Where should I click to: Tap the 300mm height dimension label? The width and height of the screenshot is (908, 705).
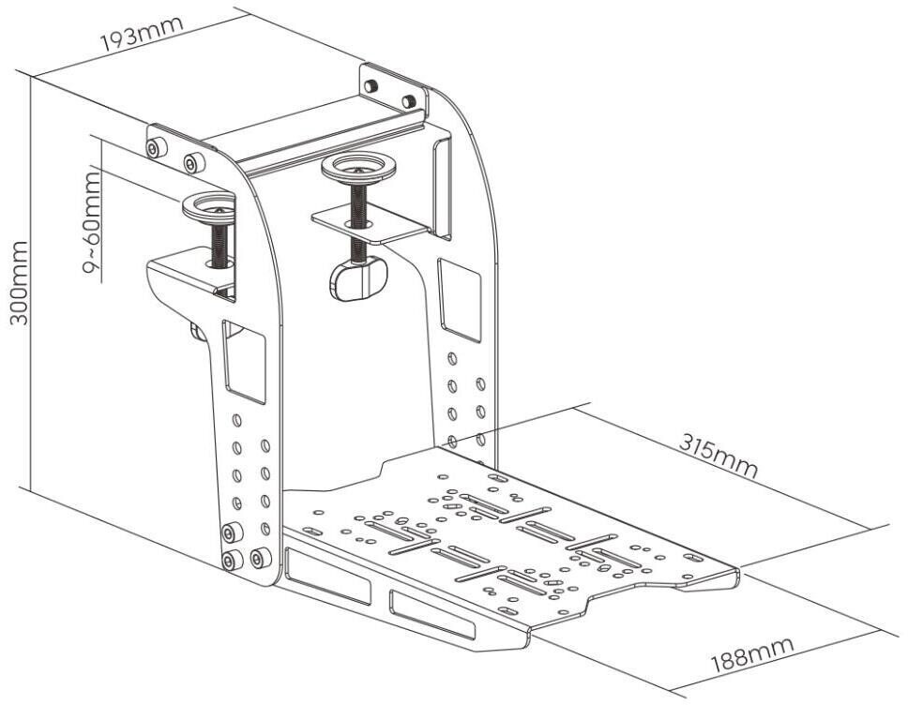(19, 281)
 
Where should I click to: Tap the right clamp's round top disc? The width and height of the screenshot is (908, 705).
(358, 170)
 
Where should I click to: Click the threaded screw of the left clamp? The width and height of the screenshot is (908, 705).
(219, 243)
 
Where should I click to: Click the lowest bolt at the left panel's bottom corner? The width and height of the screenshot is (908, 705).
(229, 561)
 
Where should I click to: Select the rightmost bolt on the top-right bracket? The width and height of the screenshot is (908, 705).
(409, 100)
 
